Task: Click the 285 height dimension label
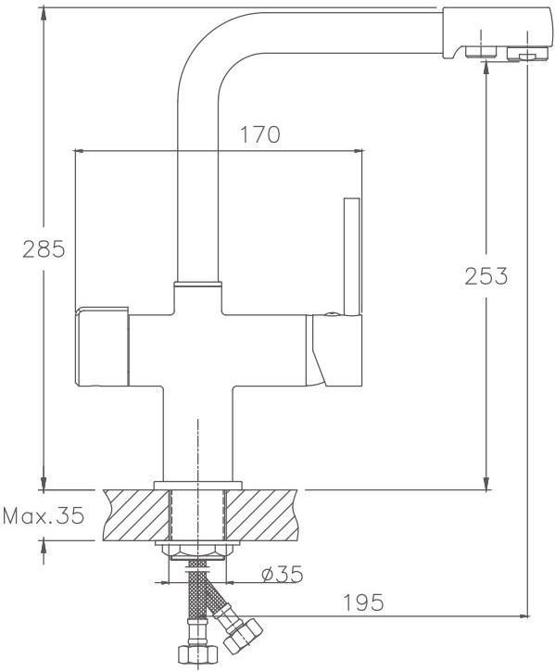coord(44,249)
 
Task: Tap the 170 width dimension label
coord(260,134)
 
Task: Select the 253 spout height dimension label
coord(486,276)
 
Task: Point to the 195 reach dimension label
coord(364,603)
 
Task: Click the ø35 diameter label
coord(283,575)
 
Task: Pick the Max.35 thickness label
coord(44,515)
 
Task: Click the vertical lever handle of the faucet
coord(352,257)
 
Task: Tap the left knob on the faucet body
coord(102,347)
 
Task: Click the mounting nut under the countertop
coord(197,550)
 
